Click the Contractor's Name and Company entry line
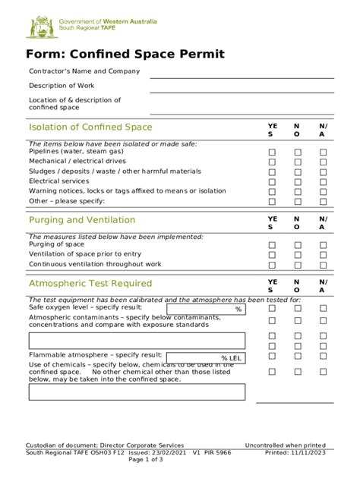[242, 77]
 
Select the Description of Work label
[62, 86]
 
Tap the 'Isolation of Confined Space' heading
[90, 127]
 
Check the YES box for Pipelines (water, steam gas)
[272, 153]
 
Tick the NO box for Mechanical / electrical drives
[298, 162]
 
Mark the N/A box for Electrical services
[323, 182]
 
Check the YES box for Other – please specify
[272, 202]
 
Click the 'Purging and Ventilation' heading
[82, 220]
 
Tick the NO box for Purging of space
[298, 245]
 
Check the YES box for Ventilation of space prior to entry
[272, 255]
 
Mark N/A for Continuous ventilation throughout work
[323, 265]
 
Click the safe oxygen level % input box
[206, 310]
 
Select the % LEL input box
[206, 357]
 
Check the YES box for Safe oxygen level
[272, 309]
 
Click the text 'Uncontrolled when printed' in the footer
[285, 445]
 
